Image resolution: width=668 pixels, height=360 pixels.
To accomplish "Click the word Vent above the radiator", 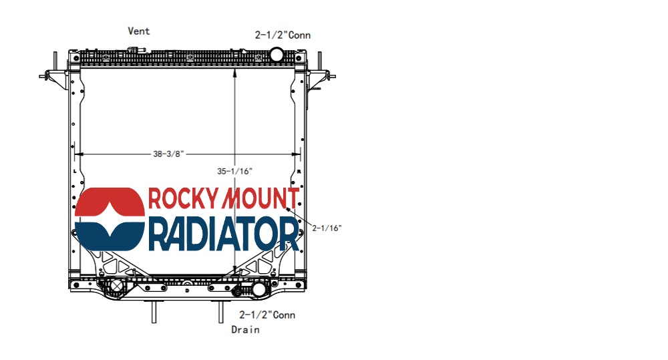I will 139,31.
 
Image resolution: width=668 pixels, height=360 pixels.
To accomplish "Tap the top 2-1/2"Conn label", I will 283,35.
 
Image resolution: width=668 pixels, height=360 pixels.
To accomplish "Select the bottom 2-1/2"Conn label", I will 267,315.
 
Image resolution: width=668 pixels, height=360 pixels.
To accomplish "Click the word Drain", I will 245,329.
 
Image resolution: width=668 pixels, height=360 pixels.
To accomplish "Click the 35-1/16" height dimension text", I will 234,171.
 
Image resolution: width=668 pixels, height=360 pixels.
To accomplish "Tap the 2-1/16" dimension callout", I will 327,228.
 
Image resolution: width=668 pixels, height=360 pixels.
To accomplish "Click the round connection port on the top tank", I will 277,54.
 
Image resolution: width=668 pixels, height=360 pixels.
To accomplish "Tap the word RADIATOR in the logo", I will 223,234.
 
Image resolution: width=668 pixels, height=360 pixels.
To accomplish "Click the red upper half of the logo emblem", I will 110,202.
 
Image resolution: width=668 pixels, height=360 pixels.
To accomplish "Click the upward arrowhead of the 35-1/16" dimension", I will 234,71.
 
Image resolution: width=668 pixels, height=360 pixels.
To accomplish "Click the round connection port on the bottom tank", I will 259,289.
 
